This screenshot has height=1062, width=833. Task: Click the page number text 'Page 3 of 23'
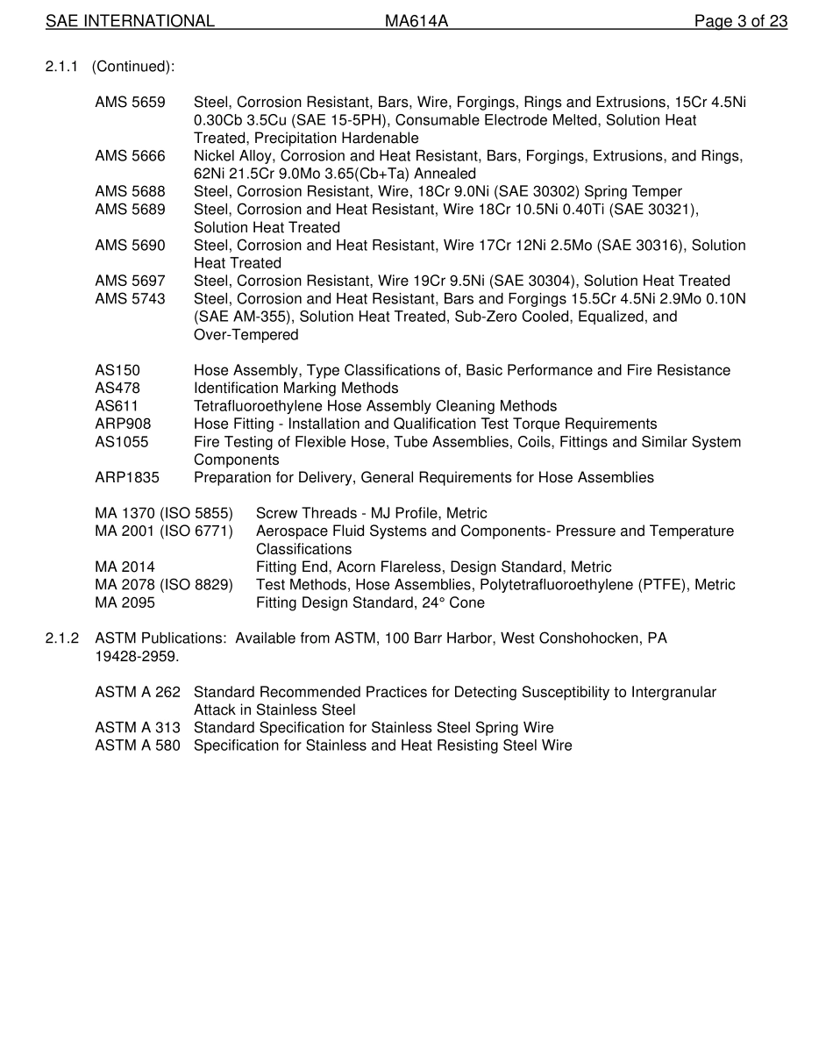pos(740,21)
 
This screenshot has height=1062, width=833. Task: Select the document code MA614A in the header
pos(416,21)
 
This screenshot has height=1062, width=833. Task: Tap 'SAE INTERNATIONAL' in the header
pos(130,21)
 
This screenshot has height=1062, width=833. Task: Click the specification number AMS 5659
pos(130,103)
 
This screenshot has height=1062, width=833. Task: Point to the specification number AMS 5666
pos(130,156)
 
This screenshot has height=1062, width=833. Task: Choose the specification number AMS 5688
pos(130,191)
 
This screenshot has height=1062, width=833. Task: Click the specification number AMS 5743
pos(130,299)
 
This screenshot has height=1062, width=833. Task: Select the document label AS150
pos(117,371)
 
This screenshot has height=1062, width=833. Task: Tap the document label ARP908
pos(123,424)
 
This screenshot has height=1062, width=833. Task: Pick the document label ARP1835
pos(127,478)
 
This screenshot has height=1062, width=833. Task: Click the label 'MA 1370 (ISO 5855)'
pos(164,514)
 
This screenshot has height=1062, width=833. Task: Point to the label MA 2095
pos(125,603)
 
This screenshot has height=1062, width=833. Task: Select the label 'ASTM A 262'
pos(138,693)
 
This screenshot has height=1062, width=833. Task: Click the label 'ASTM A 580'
pos(138,746)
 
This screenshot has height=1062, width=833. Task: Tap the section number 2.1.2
pos(62,639)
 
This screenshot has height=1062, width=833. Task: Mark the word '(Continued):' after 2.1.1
pos(133,67)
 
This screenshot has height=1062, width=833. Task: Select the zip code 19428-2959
pos(136,657)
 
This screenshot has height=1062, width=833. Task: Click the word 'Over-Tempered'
pos(246,335)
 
